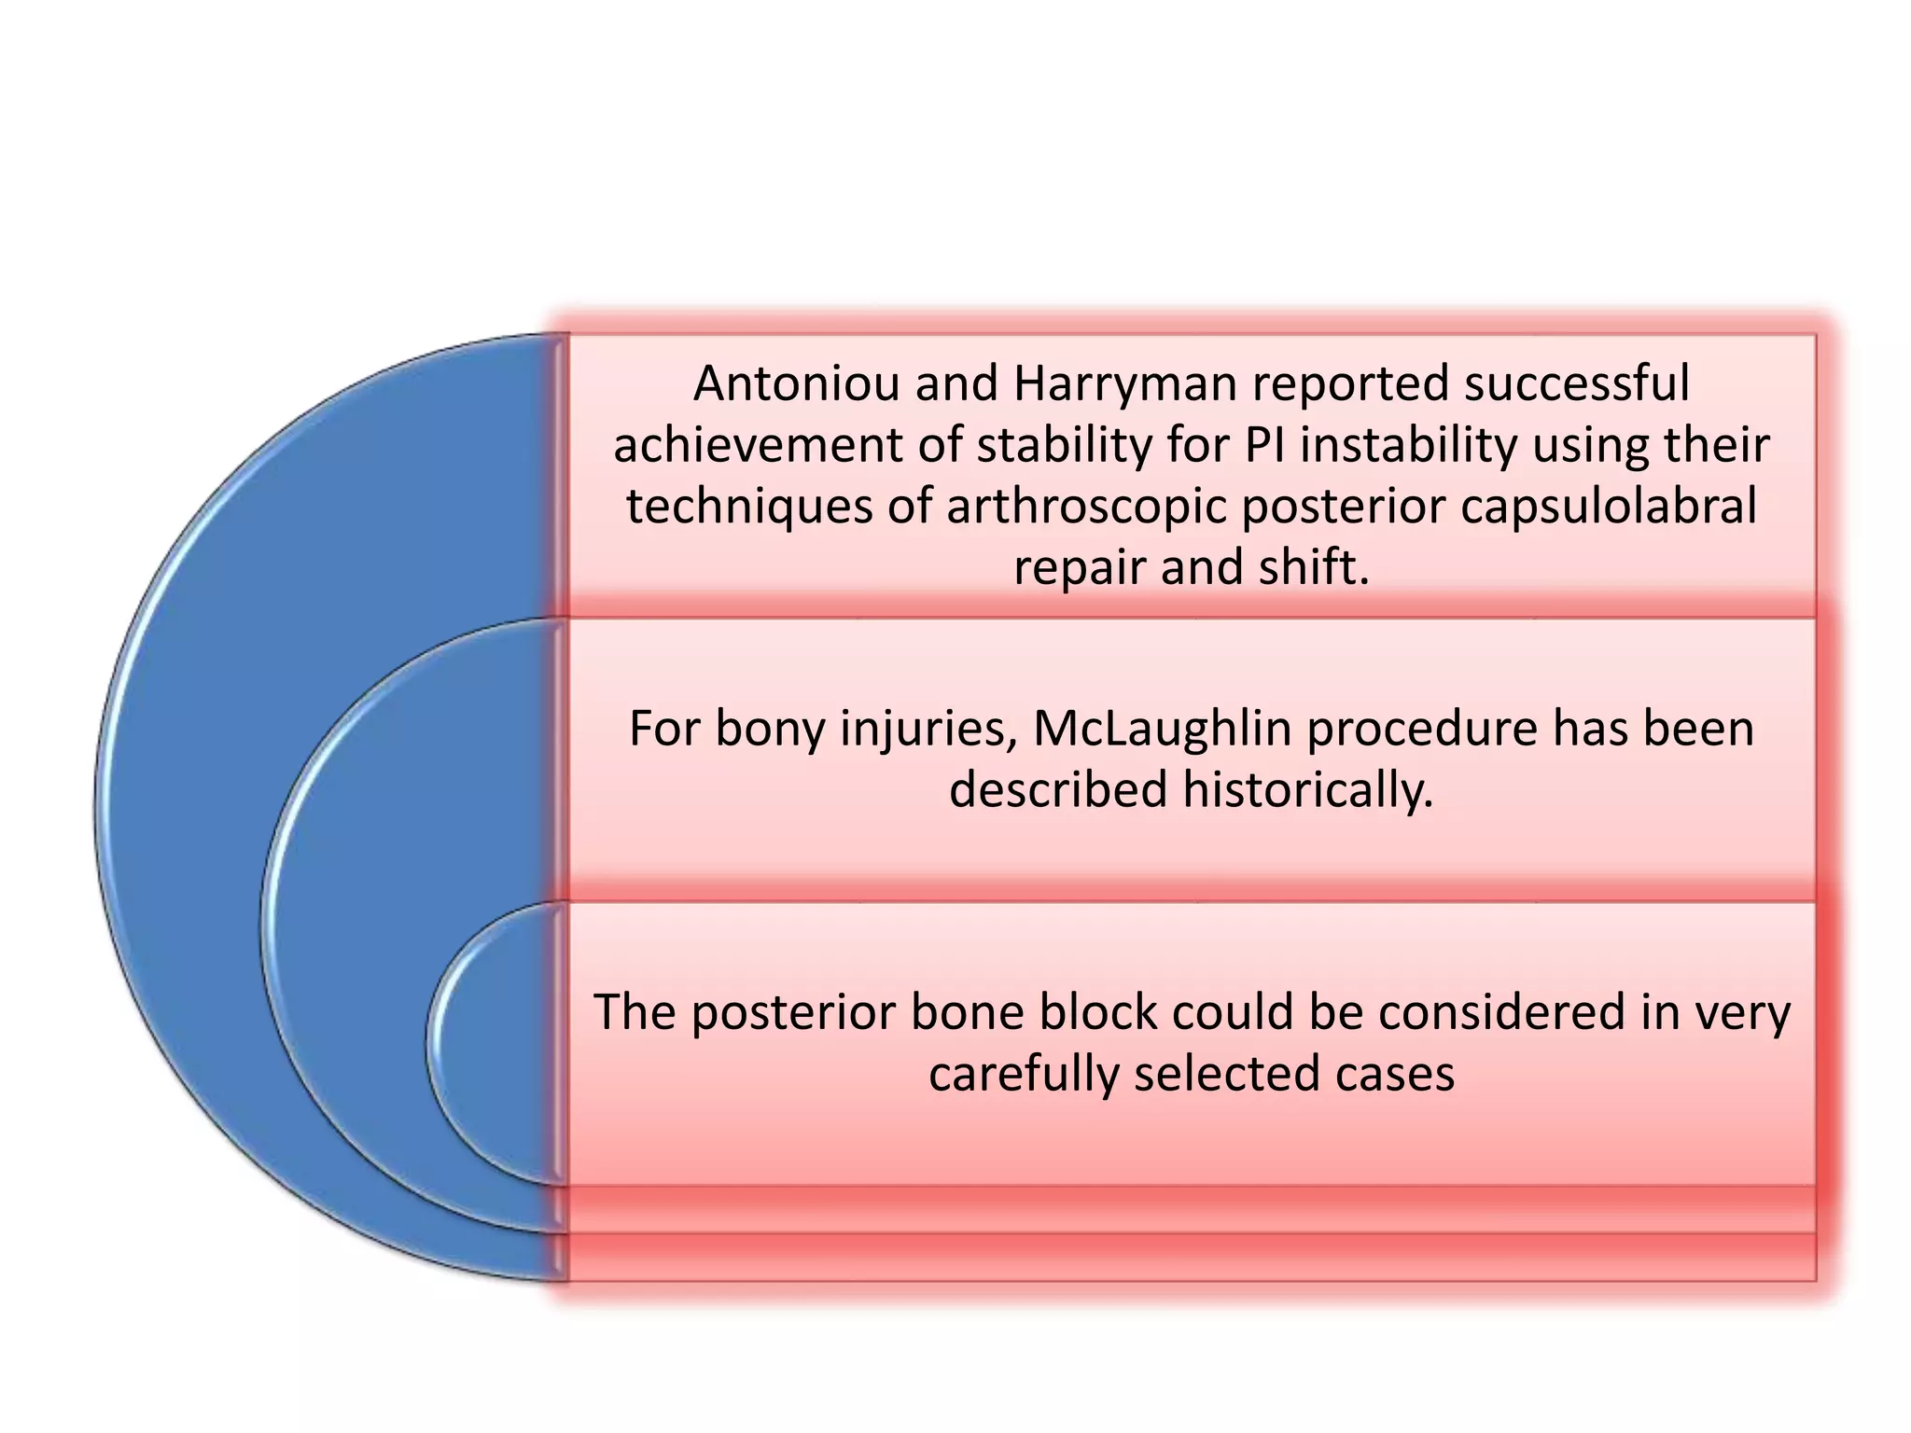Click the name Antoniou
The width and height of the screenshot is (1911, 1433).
click(x=798, y=383)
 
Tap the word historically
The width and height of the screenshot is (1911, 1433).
click(x=1307, y=790)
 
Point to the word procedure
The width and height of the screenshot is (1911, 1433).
click(x=1421, y=729)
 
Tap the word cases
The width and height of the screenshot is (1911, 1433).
click(x=1394, y=1074)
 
